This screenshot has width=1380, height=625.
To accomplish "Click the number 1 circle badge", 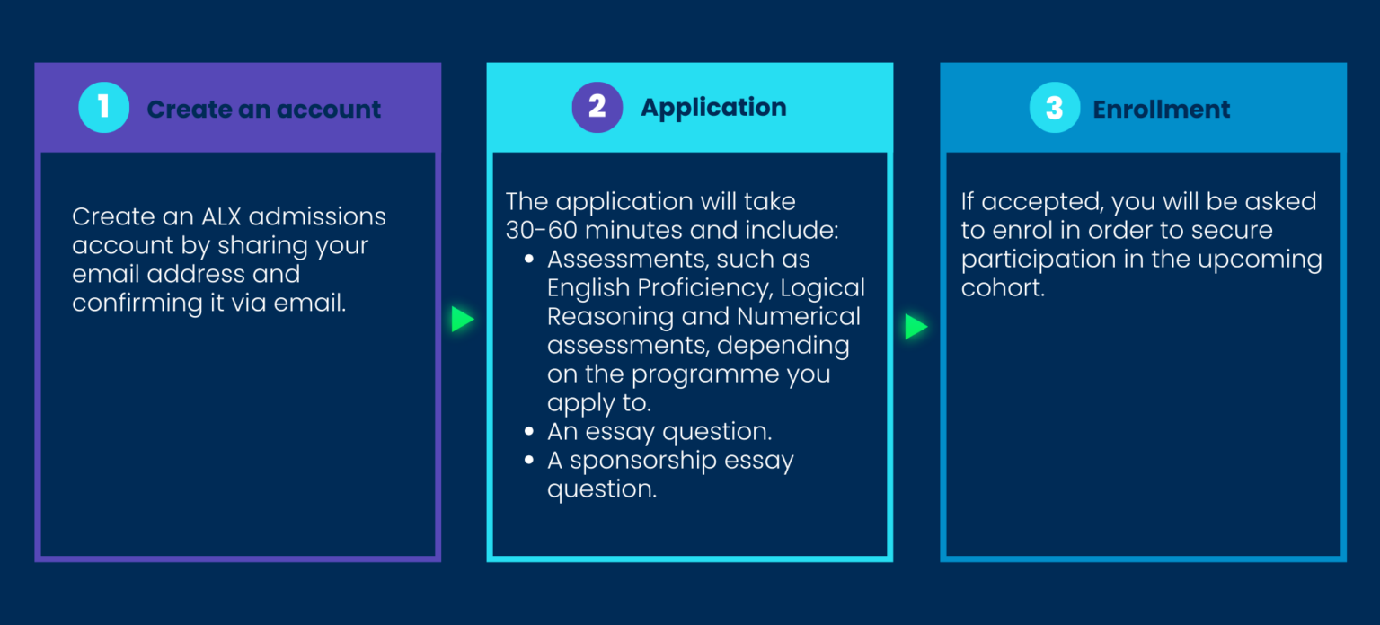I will click(x=104, y=108).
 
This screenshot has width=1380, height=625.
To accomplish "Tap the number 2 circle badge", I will click(x=597, y=107).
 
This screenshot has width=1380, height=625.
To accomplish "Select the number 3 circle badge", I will click(x=1055, y=108).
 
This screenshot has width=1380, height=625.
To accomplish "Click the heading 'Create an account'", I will click(x=264, y=110).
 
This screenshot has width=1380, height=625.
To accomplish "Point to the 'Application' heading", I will click(x=713, y=108).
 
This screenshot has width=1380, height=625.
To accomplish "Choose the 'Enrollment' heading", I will click(x=1162, y=110).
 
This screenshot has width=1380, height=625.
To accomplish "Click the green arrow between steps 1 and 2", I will click(x=463, y=320).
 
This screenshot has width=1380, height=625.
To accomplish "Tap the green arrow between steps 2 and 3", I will click(x=916, y=327).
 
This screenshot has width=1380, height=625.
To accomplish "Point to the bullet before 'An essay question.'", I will click(x=529, y=433).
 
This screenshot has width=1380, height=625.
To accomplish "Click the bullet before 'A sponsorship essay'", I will click(x=529, y=462).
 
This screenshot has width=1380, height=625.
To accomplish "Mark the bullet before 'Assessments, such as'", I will click(x=529, y=260).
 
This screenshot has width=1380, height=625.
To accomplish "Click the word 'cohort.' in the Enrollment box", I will click(x=1003, y=289).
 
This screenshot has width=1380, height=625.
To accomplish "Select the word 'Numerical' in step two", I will click(x=798, y=317).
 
